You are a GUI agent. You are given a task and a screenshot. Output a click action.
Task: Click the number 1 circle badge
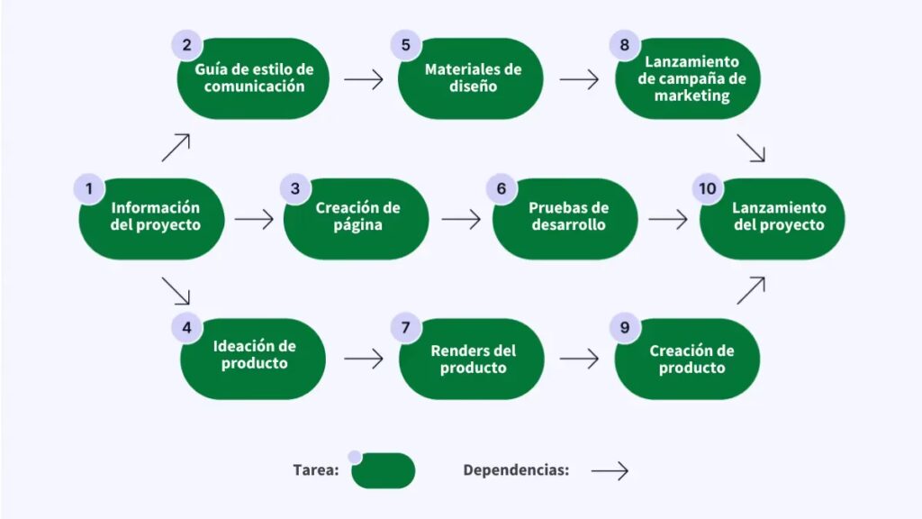[89, 188]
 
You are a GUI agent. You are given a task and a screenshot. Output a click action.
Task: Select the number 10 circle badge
[708, 188]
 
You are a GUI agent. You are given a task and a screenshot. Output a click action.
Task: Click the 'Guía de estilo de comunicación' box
[255, 78]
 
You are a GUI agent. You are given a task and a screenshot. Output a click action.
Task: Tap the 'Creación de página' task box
[357, 218]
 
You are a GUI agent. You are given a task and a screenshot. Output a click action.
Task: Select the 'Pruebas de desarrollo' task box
[568, 218]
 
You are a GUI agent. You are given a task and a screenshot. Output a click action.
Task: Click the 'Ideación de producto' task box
[255, 358]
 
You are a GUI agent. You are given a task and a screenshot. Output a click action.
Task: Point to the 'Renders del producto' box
[473, 358]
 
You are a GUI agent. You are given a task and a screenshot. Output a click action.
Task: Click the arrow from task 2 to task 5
[364, 79]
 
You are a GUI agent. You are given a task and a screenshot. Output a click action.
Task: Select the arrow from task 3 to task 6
[461, 219]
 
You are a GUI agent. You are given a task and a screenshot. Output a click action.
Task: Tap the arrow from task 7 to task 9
[579, 359]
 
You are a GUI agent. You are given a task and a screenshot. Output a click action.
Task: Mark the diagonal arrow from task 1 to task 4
[176, 290]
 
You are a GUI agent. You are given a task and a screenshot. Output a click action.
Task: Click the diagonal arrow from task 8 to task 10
[750, 149]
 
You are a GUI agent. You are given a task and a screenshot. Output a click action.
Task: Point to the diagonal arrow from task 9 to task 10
[750, 290]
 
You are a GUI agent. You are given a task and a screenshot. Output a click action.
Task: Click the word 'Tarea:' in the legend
[315, 470]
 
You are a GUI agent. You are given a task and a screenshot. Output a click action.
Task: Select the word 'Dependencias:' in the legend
[516, 470]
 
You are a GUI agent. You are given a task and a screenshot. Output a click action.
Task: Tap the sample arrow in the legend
[609, 470]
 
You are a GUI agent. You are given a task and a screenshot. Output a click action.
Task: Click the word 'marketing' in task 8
[691, 95]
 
